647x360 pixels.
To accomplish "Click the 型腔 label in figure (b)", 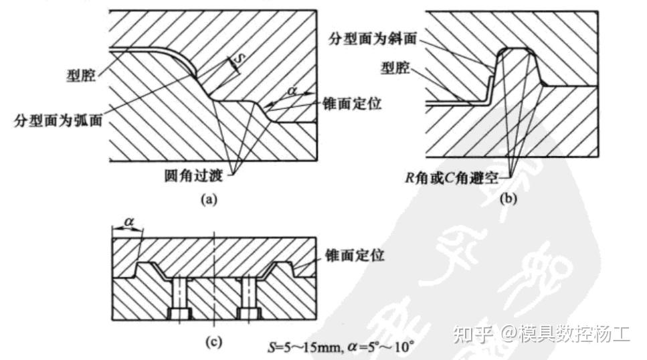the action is (x=395, y=68).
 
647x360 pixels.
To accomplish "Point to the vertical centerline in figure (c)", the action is (x=213, y=281).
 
